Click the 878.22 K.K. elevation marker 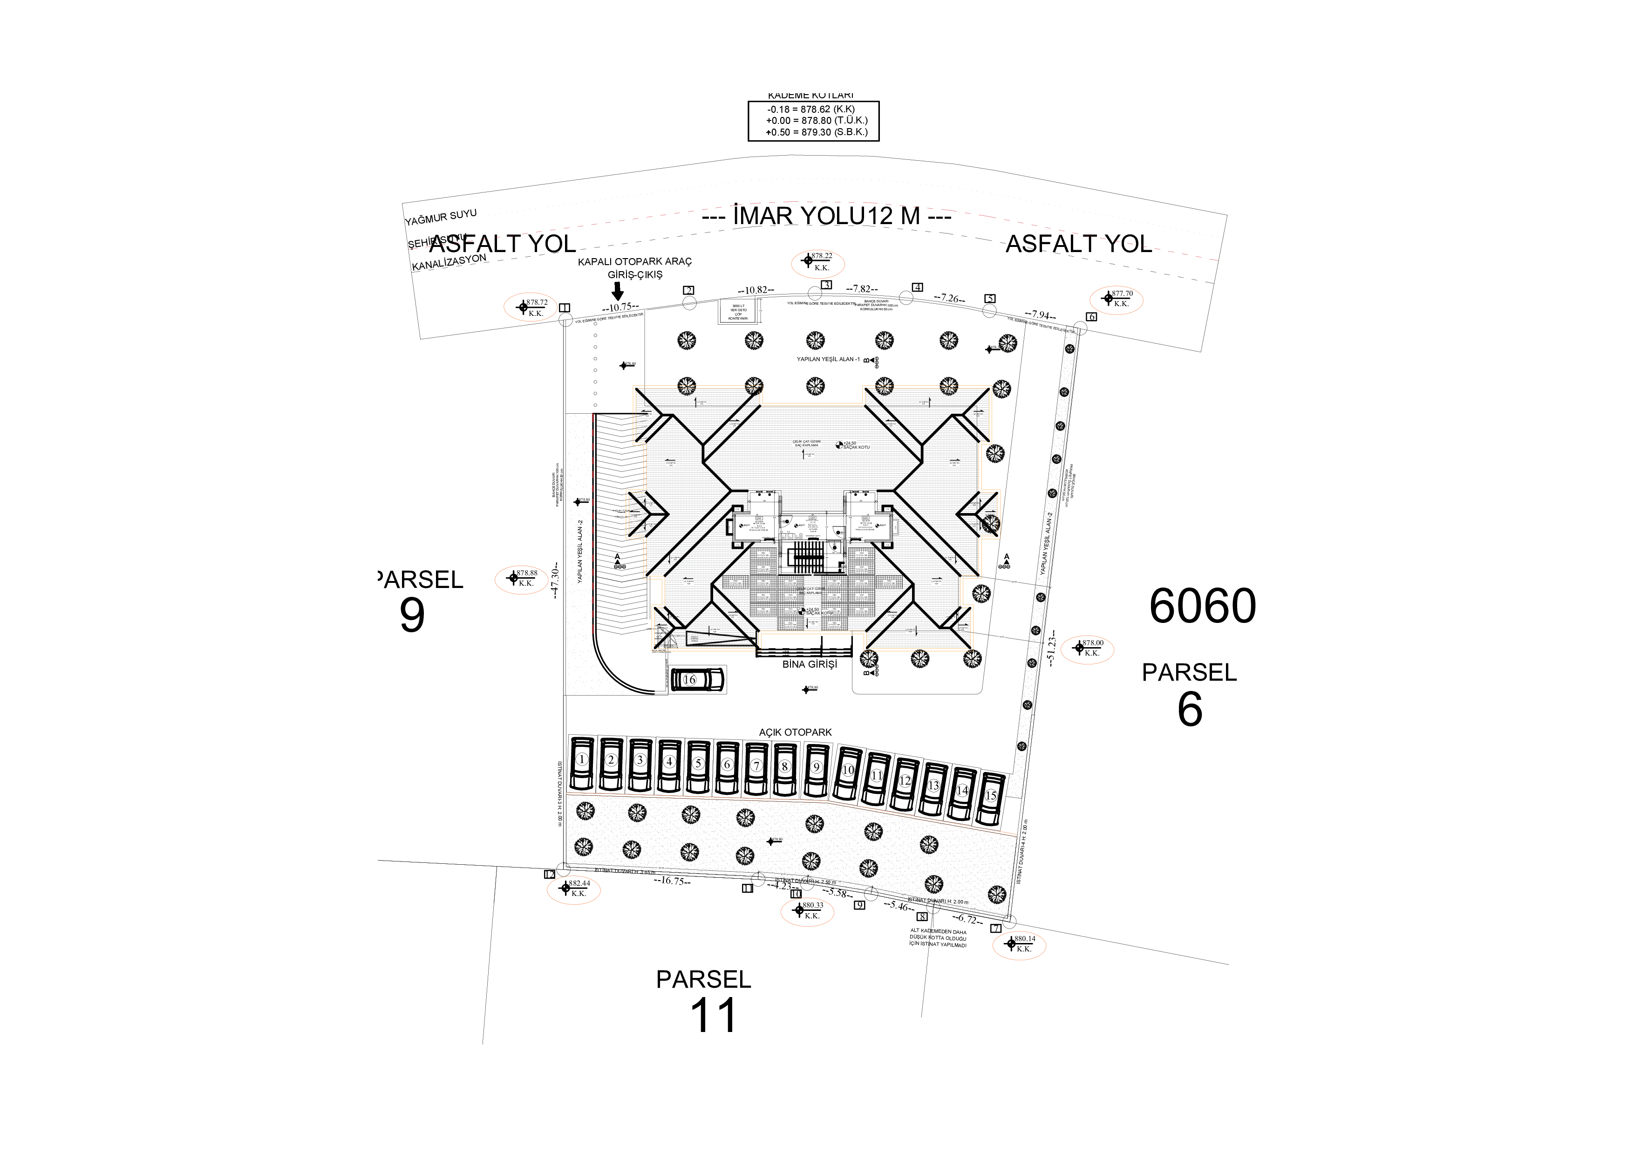(x=818, y=262)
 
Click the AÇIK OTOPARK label (x=795, y=732)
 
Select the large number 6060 (x=1203, y=607)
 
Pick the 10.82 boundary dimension (x=756, y=290)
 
